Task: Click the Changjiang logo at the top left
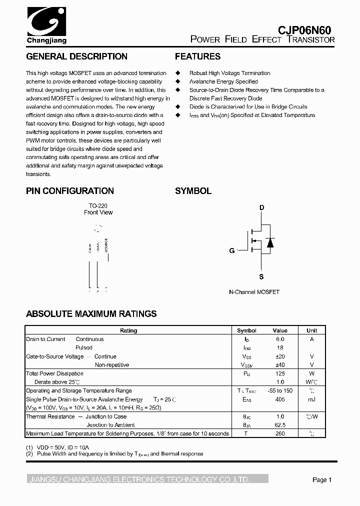pos(46,25)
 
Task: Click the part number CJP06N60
pos(304,29)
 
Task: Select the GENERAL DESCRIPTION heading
pos(76,56)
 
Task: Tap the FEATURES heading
pos(197,56)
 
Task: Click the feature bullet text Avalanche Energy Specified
pos(223,81)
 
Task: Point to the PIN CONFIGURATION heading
pos(70,190)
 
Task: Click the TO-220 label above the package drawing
pos(98,205)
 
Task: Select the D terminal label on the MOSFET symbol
pos(261,207)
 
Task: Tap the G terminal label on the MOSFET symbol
pos(232,250)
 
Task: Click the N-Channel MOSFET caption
pos(254,292)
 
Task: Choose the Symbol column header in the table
pos(246,330)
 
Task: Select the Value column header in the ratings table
pos(280,330)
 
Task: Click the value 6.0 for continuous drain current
pos(280,339)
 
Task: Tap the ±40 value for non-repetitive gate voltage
pos(280,365)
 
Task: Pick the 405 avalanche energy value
pos(280,399)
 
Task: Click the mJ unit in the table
pos(311,399)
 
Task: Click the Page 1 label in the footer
pos(322,480)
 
